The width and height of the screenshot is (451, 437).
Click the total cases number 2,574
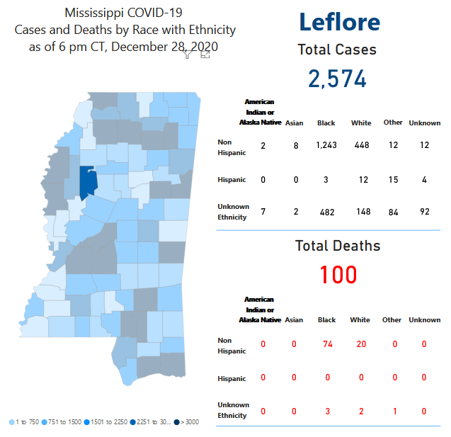pyautogui.click(x=337, y=78)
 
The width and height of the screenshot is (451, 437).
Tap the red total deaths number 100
pyautogui.click(x=338, y=274)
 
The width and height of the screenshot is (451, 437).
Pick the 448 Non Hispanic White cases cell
pyautogui.click(x=361, y=146)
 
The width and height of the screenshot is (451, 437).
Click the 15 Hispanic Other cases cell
pyautogui.click(x=393, y=180)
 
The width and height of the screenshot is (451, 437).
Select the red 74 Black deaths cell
pyautogui.click(x=326, y=344)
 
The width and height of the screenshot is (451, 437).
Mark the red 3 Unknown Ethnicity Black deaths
pyautogui.click(x=326, y=411)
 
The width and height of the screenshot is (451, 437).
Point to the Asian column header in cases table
pyautogui.click(x=294, y=123)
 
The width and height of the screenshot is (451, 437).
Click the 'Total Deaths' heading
pyautogui.click(x=338, y=246)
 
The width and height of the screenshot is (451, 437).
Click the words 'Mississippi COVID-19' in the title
pyautogui.click(x=125, y=13)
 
